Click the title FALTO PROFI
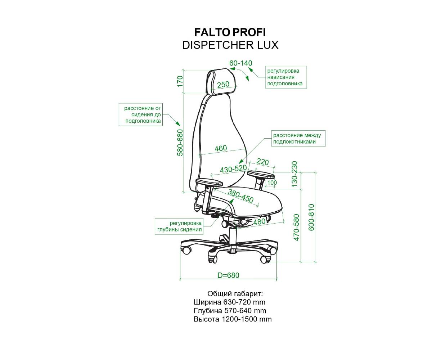pos(230,32)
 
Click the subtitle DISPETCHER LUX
pos(230,45)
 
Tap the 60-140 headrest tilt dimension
pos(240,63)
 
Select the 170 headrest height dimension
pos(180,81)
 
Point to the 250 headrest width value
pos(223,84)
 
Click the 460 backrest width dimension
pos(221,148)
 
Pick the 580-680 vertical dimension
pos(180,143)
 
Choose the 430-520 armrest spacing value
pos(233,169)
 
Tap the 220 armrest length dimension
pos(262,162)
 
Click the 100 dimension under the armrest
pos(272,183)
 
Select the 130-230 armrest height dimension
pos(294,174)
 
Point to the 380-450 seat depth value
pos(240,196)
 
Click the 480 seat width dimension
pos(260,222)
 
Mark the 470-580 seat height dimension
pos(297,228)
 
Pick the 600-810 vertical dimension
pos(311,217)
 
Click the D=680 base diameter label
pos(228,275)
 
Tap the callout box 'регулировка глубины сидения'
pos(179,226)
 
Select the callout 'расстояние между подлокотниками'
pos(298,138)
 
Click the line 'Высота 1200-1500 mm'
pos(233,319)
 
